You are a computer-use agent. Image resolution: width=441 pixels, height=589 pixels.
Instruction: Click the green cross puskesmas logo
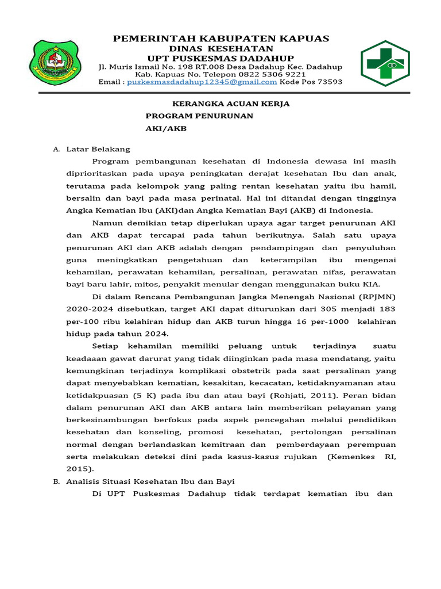tap(385, 63)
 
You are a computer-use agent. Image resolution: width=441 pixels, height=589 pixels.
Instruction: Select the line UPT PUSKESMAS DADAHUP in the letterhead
tap(220, 58)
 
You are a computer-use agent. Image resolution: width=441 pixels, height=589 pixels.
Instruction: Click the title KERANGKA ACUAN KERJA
tap(223, 104)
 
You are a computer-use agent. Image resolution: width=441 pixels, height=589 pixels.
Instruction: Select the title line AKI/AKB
tap(167, 129)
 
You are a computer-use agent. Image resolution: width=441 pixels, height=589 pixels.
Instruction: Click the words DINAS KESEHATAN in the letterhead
tap(220, 48)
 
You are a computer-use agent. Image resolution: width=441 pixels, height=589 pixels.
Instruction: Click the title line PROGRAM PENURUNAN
tap(200, 116)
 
